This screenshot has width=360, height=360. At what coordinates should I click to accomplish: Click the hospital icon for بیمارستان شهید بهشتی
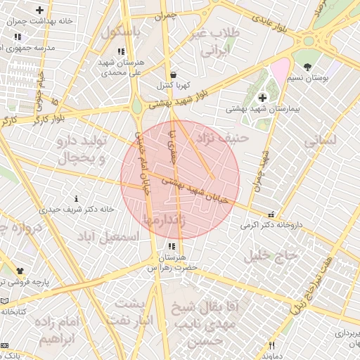pos(263,97)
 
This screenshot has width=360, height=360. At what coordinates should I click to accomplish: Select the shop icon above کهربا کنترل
pos(172,75)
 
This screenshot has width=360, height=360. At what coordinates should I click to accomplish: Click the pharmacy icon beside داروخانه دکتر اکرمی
pos(271,215)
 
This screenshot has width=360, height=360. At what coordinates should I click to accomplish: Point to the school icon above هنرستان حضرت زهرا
pos(172,247)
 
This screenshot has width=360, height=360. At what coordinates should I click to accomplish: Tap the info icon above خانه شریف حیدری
pos(76,199)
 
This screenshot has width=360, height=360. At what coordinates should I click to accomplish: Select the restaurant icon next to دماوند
pos(272,345)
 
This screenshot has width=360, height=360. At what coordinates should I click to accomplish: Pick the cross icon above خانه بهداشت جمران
pos(39,11)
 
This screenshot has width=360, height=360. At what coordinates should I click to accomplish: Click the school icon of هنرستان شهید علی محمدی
pos(121,51)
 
